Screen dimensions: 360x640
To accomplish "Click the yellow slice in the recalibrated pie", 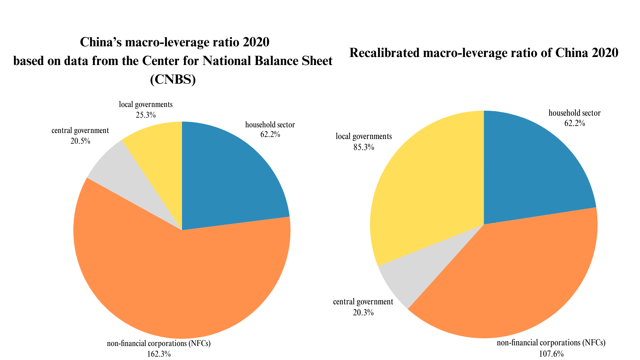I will pos(430,187).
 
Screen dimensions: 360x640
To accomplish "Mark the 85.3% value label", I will pos(364,147).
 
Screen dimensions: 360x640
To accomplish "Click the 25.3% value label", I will pos(146,115).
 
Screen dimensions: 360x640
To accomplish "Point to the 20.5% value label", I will pos(80,141).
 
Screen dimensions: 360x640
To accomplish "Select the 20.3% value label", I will pos(363,313).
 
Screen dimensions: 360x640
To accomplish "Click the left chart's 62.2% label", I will pos(270,135).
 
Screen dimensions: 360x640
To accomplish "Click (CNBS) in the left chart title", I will pos(173,79).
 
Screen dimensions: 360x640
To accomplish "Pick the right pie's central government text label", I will pos(363,302).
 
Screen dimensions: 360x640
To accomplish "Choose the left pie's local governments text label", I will pos(146,105).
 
